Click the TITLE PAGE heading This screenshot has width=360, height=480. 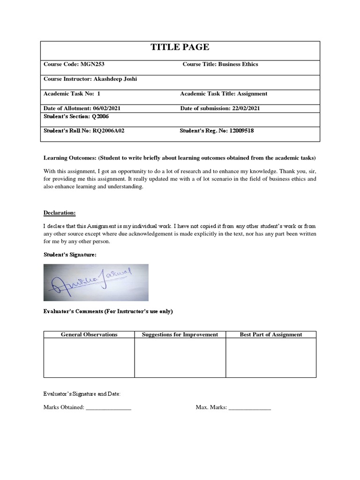pyautogui.click(x=180, y=47)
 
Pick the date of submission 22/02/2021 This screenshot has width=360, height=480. pyautogui.click(x=243, y=108)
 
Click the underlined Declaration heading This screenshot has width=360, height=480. pyautogui.click(x=60, y=213)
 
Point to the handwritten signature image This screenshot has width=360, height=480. pyautogui.click(x=96, y=282)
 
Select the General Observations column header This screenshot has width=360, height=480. pyautogui.click(x=89, y=334)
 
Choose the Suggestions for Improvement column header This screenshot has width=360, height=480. pyautogui.click(x=180, y=334)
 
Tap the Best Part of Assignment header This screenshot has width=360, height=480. pyautogui.click(x=270, y=334)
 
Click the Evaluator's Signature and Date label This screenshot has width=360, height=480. pyautogui.click(x=82, y=394)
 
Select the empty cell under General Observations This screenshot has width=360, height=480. pyautogui.click(x=89, y=358)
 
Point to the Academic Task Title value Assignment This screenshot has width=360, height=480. pyautogui.click(x=252, y=94)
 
